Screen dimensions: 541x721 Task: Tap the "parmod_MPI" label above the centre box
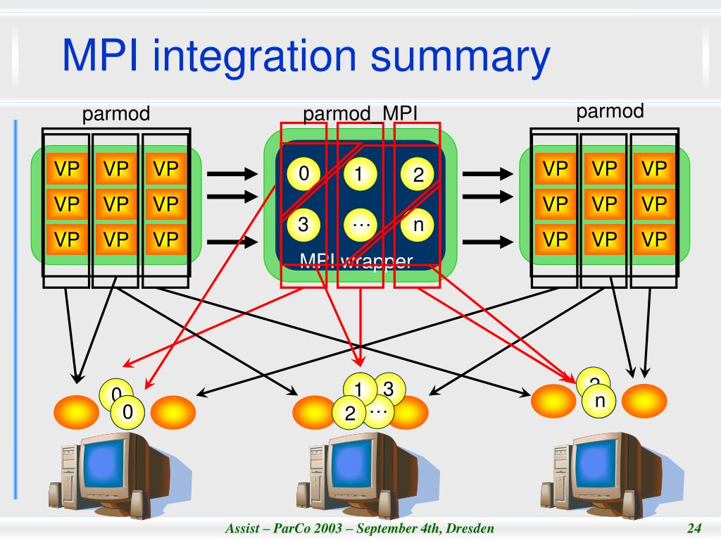360,113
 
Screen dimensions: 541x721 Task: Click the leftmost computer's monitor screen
113,463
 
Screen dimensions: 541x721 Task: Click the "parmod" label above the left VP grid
116,114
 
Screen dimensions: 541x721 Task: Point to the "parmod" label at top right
610,111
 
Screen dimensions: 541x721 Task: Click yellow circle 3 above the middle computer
387,388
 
